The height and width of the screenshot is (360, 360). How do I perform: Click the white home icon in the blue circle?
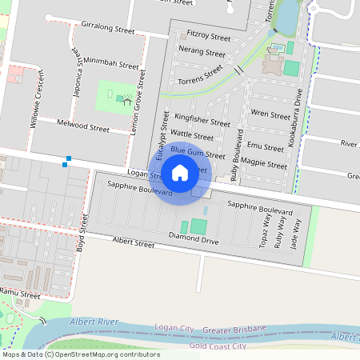(x=180, y=172)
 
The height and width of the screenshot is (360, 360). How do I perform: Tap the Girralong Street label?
(x=108, y=30)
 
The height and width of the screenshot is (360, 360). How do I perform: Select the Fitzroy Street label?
(x=208, y=37)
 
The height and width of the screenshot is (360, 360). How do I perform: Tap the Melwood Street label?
(x=83, y=126)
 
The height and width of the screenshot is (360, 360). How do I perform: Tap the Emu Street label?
(x=266, y=147)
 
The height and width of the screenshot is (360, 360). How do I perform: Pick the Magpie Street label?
(x=264, y=165)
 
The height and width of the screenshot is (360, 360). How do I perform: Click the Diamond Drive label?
(x=194, y=238)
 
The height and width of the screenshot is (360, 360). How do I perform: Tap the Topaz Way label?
(x=265, y=232)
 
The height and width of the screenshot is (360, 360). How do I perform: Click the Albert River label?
(x=94, y=321)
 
